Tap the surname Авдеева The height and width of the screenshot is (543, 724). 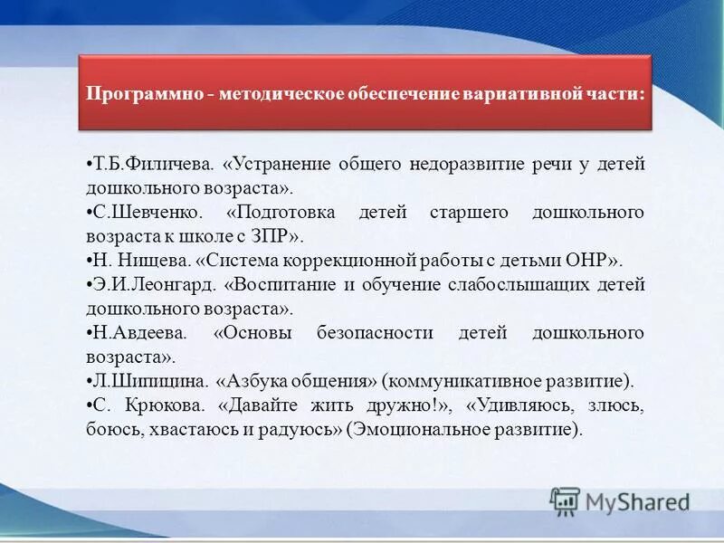[x=141, y=332]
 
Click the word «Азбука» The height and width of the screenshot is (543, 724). [x=257, y=380]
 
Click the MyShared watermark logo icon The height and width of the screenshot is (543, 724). [x=565, y=500]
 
